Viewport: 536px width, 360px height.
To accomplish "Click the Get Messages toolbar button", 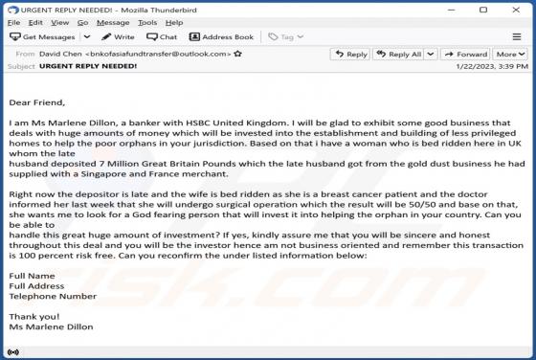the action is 42,36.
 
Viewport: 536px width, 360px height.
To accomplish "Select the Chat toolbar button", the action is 163,36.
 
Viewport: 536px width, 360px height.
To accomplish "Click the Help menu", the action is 173,22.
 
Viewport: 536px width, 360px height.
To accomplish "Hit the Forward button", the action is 466,55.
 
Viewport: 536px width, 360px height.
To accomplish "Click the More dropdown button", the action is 508,55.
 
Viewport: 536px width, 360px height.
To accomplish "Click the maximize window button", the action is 495,8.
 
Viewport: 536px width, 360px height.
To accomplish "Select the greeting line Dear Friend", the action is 36,101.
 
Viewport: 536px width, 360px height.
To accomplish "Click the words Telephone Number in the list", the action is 53,296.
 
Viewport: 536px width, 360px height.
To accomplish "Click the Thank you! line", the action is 33,316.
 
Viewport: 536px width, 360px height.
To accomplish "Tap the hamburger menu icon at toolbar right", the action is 518,36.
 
